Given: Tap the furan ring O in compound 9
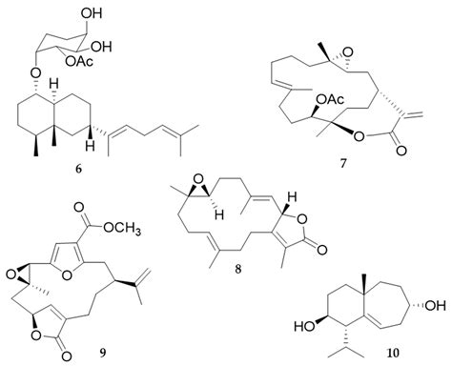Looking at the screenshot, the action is [73, 269].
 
